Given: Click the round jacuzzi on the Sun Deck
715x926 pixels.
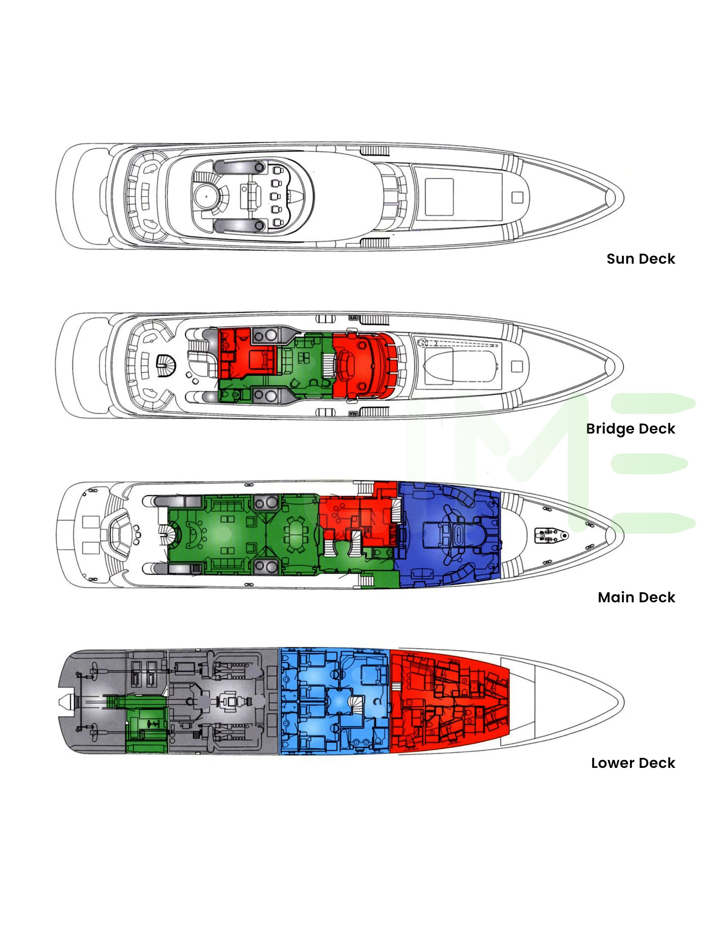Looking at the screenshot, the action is (206, 196).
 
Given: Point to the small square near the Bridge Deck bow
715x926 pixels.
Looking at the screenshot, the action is (517, 366).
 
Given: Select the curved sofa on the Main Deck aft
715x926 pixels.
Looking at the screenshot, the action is (120, 534).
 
